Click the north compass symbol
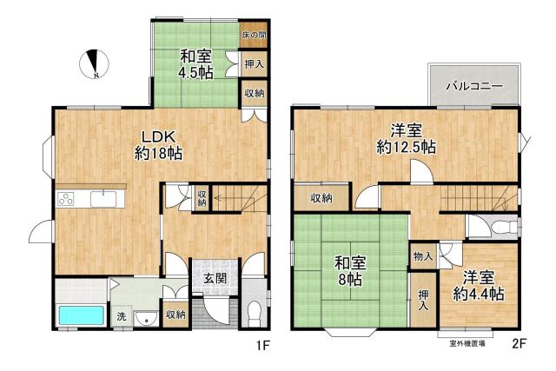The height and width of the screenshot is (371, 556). point(94,63)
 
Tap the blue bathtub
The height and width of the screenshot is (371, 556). point(82,315)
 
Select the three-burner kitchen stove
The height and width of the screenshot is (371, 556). point(66,198)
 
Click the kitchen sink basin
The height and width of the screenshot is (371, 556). point(103,199)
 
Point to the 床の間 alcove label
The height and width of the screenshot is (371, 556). point(255,35)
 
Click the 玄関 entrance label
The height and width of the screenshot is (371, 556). point(215,278)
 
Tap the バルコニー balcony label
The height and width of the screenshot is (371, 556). point(474,86)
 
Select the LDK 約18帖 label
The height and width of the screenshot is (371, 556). point(158,145)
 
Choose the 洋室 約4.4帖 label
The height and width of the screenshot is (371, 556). point(479,286)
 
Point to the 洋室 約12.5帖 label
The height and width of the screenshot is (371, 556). point(407,139)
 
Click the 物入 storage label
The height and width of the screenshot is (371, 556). point(423,256)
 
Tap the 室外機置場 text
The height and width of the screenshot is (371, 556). point(467,343)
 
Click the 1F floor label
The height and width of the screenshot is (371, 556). point(263,345)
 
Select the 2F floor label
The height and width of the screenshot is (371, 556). point(519,344)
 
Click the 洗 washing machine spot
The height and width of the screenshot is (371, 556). point(122,316)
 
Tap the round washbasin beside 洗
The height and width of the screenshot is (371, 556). point(147,317)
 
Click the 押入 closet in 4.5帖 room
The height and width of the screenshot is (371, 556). point(255,63)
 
